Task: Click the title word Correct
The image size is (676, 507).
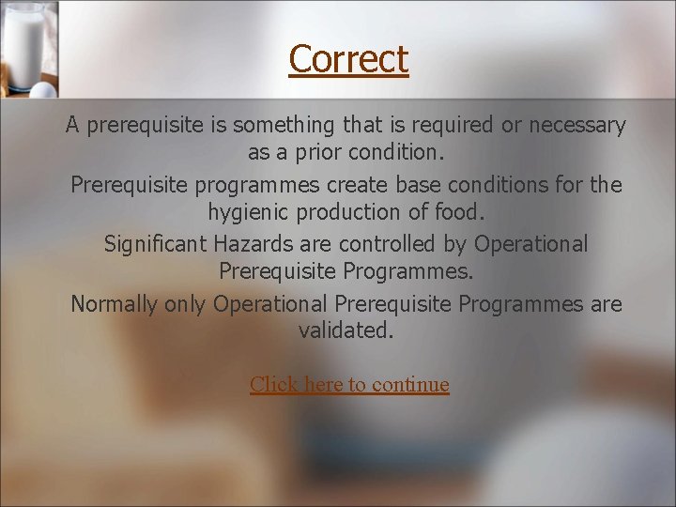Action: click(348, 59)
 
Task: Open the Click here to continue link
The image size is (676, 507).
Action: click(349, 385)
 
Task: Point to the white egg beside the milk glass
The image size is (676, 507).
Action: click(42, 90)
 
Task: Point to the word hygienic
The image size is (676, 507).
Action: click(251, 211)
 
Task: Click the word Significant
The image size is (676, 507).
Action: click(156, 244)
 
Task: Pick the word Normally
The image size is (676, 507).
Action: click(115, 304)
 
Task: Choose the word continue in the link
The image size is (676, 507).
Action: click(410, 385)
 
